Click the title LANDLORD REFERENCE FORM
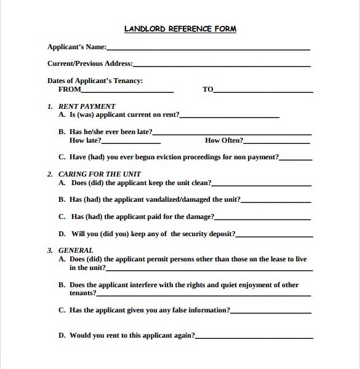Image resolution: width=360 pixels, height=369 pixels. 180,29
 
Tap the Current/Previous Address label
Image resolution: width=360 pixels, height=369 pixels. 90,63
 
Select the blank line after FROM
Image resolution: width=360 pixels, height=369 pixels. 127,92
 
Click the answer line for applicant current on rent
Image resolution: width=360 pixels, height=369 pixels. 230,117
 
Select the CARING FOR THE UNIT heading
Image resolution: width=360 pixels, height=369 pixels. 99,174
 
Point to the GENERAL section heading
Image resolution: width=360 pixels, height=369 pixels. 76,250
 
